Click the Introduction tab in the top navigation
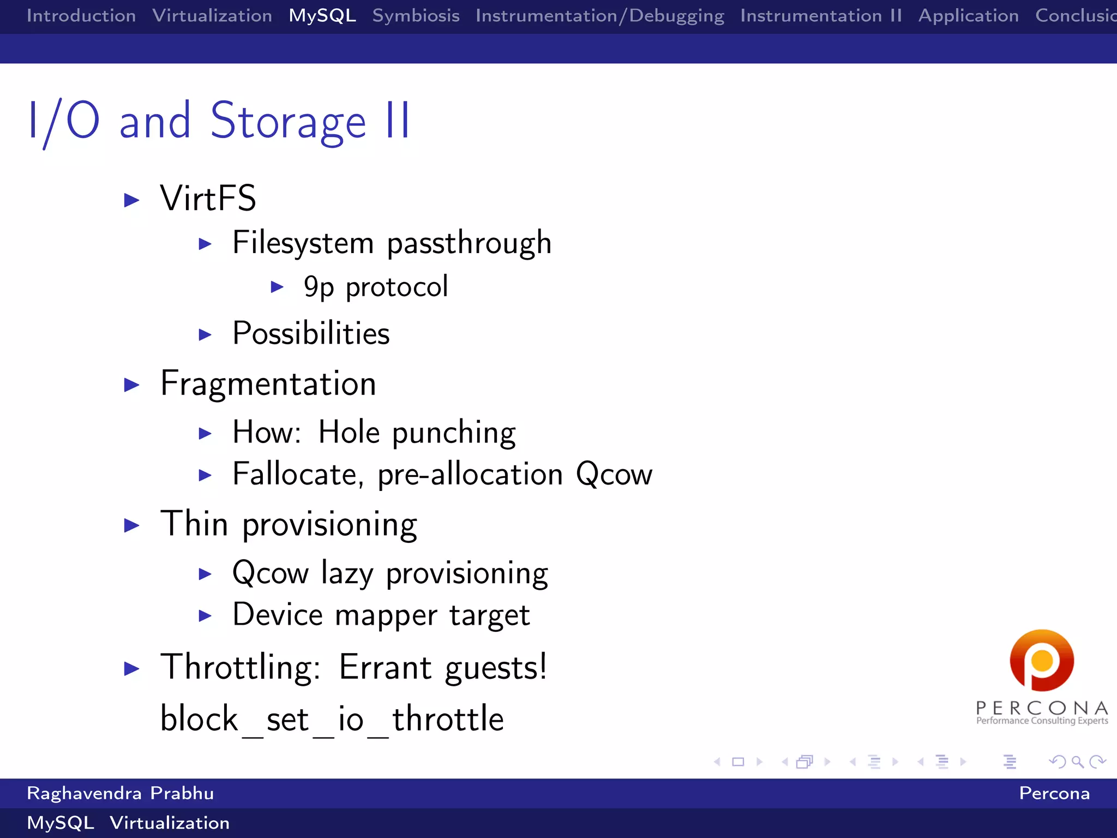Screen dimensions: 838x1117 pos(81,16)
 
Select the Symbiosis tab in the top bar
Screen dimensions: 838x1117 pos(416,16)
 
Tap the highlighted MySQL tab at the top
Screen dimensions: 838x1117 pos(322,16)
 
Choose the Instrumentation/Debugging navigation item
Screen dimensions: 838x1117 pos(599,16)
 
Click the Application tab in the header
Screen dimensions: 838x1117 pos(968,16)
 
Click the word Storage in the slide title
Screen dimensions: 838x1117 pos(287,122)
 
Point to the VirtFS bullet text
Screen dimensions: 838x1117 pos(208,198)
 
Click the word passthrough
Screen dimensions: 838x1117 pos(469,243)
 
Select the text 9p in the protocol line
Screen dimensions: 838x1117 pos(319,288)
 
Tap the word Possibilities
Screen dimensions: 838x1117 pos(311,333)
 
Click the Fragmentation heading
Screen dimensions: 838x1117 pos(268,384)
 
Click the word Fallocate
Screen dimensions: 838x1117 pos(298,474)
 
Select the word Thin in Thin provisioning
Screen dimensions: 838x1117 pos(194,524)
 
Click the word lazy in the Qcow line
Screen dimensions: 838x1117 pos(347,574)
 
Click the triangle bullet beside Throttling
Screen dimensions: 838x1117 pos(131,668)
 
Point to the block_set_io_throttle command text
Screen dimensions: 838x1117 pos(332,719)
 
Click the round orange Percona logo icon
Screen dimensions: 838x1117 pos(1042,660)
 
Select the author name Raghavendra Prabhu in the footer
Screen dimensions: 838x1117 pos(120,793)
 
